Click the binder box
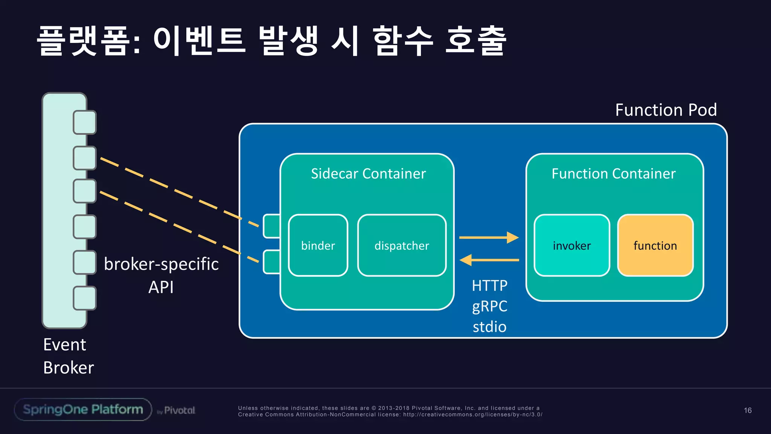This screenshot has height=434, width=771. click(318, 245)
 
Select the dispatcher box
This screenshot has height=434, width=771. click(402, 245)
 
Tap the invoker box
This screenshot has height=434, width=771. click(571, 245)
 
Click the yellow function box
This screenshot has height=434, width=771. click(655, 245)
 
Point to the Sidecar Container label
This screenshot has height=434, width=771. click(368, 174)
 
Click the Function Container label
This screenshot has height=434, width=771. click(614, 174)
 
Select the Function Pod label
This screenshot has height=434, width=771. click(666, 110)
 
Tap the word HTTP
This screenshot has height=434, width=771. click(489, 286)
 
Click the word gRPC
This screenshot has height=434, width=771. click(489, 306)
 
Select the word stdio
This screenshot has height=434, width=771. click(489, 327)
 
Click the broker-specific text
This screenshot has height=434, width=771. click(161, 264)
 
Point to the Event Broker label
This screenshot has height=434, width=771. click(68, 356)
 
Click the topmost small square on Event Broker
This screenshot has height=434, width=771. click(85, 122)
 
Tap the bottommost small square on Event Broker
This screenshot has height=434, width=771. click(85, 298)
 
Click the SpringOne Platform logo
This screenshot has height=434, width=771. click(83, 410)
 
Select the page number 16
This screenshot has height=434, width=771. click(748, 410)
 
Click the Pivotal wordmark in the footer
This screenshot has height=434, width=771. click(179, 410)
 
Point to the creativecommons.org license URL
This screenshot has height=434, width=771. click(472, 414)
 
